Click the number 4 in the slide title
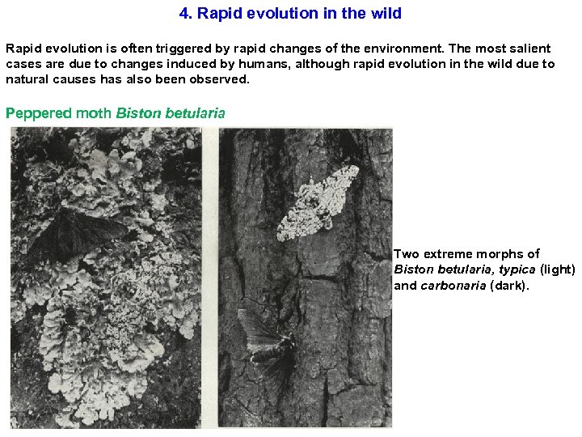click(x=183, y=14)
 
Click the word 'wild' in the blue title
click(x=385, y=14)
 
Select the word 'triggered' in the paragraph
click(x=175, y=49)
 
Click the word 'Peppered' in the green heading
click(x=38, y=113)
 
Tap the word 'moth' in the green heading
click(x=94, y=113)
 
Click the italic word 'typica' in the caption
click(x=517, y=269)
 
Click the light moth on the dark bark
click(x=318, y=202)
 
